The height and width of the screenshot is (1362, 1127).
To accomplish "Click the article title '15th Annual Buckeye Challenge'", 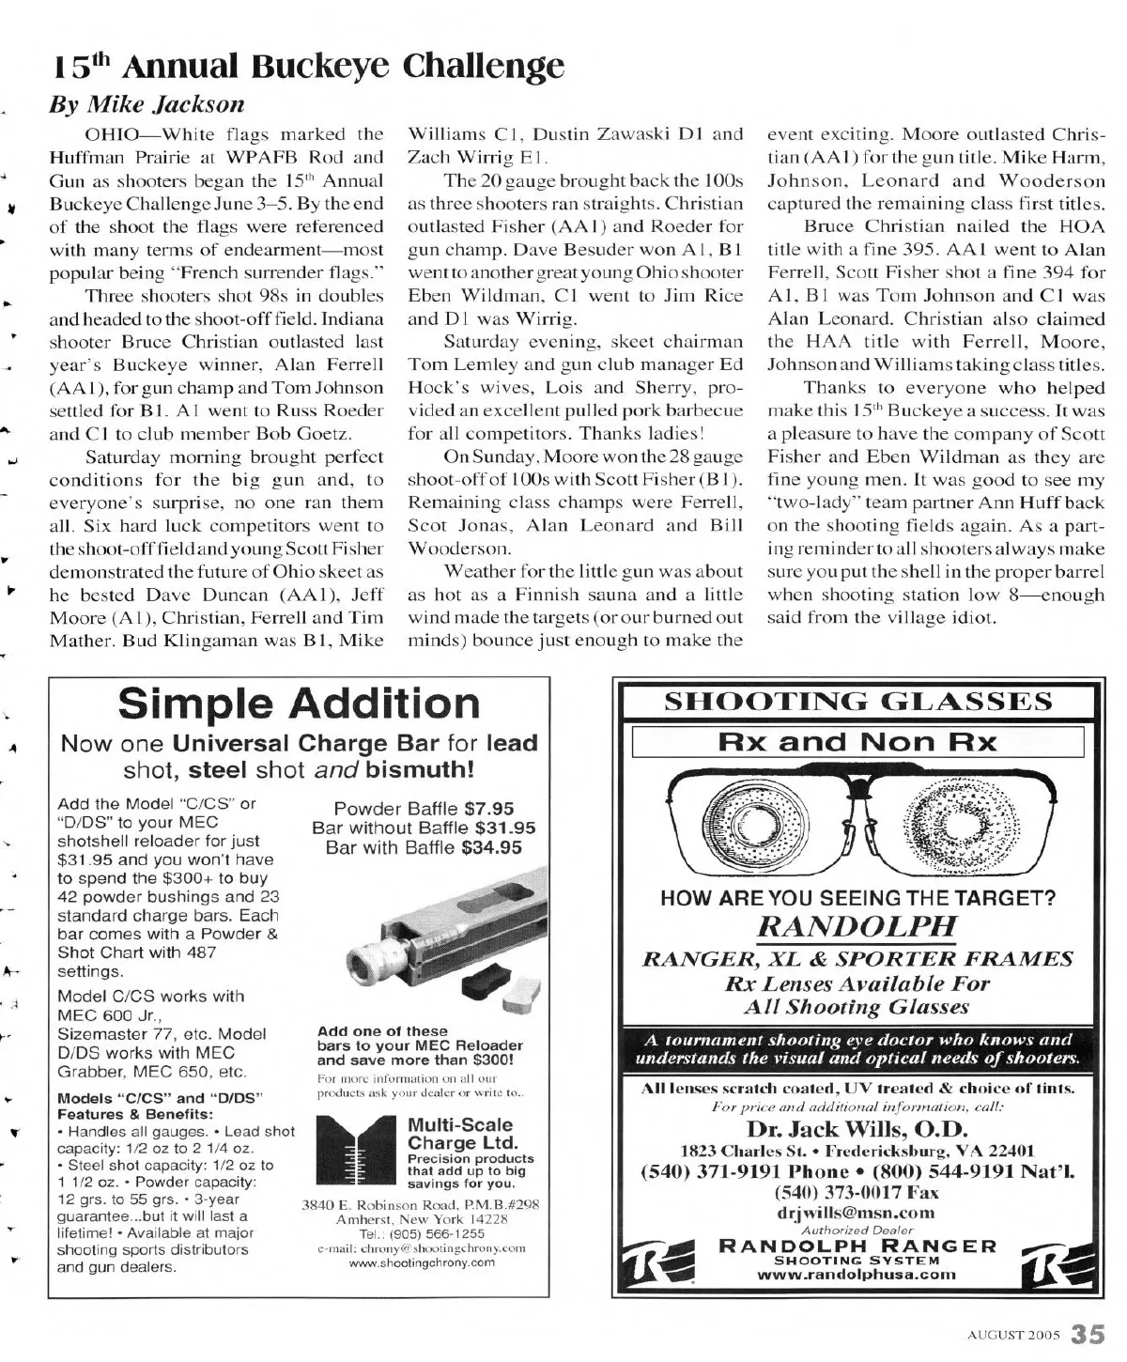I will point(307,67).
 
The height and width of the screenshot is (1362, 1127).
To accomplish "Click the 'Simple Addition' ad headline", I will point(300,703).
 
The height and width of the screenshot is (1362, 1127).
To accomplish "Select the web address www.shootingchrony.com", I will point(422,1263).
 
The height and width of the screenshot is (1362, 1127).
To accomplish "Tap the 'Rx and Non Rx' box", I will point(857,742).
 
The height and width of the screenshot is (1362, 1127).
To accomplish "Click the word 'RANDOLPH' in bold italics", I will point(856,926).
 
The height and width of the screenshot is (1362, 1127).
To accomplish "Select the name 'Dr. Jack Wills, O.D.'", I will point(856,1128).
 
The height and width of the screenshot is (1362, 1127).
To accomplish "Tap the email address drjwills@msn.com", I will point(857,1212).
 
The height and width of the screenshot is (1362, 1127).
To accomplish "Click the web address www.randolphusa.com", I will point(857,1275).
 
